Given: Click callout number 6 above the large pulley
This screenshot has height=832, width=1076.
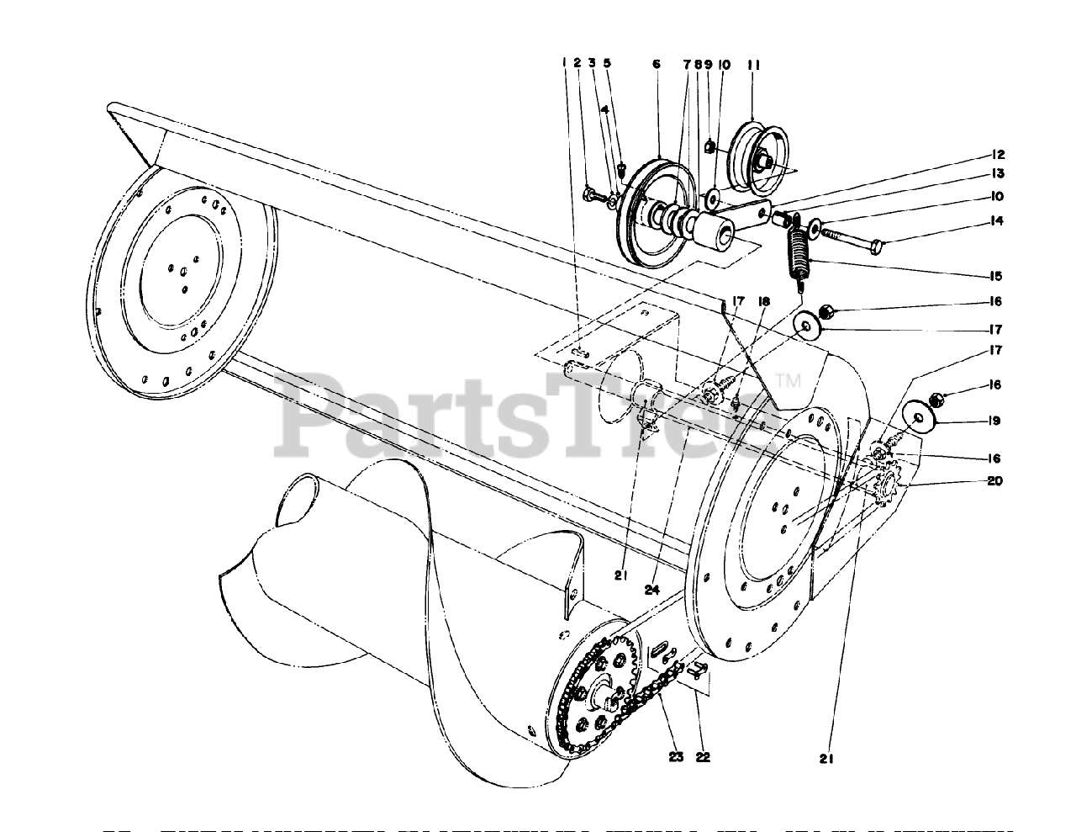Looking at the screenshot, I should (x=656, y=64).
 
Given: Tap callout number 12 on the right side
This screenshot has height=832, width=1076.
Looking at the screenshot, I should (x=998, y=155).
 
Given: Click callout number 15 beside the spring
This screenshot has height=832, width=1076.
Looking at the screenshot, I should (x=998, y=276).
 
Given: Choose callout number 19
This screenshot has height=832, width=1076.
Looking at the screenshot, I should (x=995, y=420).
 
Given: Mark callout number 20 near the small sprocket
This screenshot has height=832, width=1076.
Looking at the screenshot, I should (x=995, y=481).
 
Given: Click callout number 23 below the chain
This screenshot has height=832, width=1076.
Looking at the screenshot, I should (x=677, y=755).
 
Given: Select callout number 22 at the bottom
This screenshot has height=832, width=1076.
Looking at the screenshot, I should (x=703, y=756).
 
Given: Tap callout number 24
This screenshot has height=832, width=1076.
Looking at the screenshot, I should (x=658, y=575).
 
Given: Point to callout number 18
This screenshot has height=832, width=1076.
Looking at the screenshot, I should (x=764, y=300).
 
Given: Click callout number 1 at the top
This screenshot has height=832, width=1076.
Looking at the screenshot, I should (x=565, y=62).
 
